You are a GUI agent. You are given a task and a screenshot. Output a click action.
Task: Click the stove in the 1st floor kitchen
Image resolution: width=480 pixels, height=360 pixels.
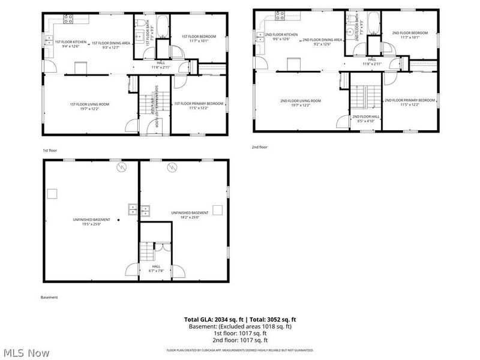[68, 19]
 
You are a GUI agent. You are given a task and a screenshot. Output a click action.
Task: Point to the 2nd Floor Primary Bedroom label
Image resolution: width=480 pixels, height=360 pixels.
[410, 102]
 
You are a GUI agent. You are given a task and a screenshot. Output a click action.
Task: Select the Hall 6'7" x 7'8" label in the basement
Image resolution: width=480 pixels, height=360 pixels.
[156, 268]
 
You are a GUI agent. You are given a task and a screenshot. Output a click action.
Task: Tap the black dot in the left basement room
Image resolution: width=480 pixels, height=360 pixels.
[119, 221]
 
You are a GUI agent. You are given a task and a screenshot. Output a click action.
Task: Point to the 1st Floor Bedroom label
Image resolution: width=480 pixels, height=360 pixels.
[199, 38]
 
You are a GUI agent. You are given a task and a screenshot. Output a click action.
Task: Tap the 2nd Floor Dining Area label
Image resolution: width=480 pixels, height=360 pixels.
[322, 41]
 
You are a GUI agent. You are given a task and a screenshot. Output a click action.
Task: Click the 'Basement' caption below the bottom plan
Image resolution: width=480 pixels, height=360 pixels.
[49, 297]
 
